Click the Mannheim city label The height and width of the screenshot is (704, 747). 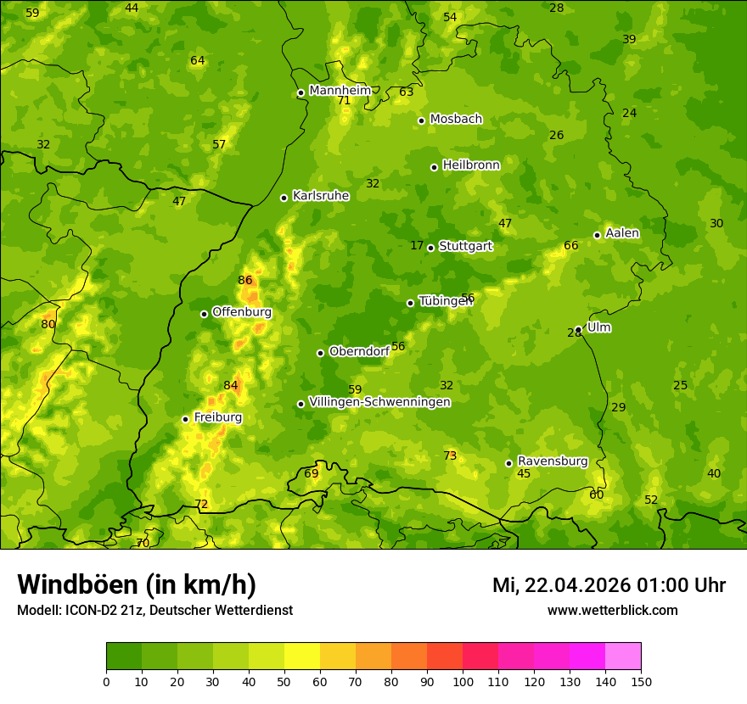coord(340,90)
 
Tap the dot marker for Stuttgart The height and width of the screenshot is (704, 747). coord(430,248)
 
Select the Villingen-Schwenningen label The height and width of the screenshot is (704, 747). coord(379,402)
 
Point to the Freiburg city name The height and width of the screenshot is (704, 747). coord(217,417)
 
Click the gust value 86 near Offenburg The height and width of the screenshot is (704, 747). coord(245,280)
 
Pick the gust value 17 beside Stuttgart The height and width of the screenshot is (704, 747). coord(417,245)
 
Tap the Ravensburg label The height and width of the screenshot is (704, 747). coord(553,461)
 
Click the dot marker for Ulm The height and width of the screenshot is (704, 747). coord(578,329)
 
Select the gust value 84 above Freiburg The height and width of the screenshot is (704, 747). coord(231,385)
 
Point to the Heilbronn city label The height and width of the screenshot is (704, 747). coord(471,165)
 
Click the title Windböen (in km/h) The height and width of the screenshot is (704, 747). coord(137,584)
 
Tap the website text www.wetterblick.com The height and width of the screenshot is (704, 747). coord(612,610)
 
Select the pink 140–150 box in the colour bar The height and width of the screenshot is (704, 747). coord(623,656)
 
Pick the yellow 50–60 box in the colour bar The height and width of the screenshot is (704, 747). coord(302,656)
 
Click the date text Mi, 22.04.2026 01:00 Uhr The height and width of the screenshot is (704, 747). coord(609,585)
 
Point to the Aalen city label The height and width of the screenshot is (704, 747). coord(622,233)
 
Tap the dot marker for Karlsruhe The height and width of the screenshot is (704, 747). coord(284,198)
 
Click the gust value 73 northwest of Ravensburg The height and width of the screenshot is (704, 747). coord(450,455)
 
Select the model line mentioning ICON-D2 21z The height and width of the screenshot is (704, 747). coord(154,610)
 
